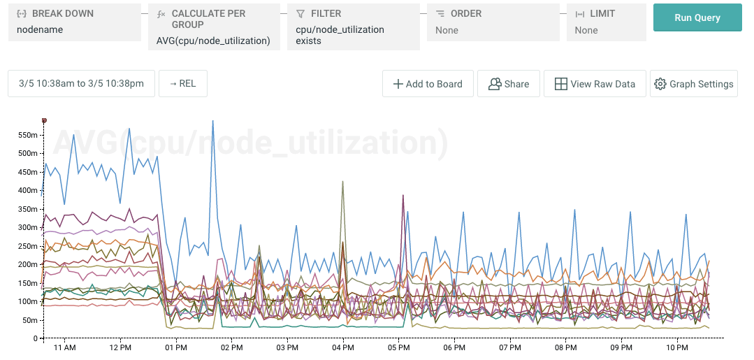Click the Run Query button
[x=697, y=17]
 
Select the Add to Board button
[x=428, y=84]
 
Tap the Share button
[x=508, y=84]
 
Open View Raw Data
[x=595, y=84]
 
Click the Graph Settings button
[x=693, y=84]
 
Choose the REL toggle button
[x=182, y=84]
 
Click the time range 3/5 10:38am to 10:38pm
[x=80, y=84]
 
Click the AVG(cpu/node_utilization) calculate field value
[x=213, y=41]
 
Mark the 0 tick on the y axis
[x=35, y=338]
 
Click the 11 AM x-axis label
[x=64, y=347]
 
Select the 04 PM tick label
[x=342, y=347]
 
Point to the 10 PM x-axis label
[x=676, y=347]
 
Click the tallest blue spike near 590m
[x=212, y=121]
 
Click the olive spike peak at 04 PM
[x=342, y=181]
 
